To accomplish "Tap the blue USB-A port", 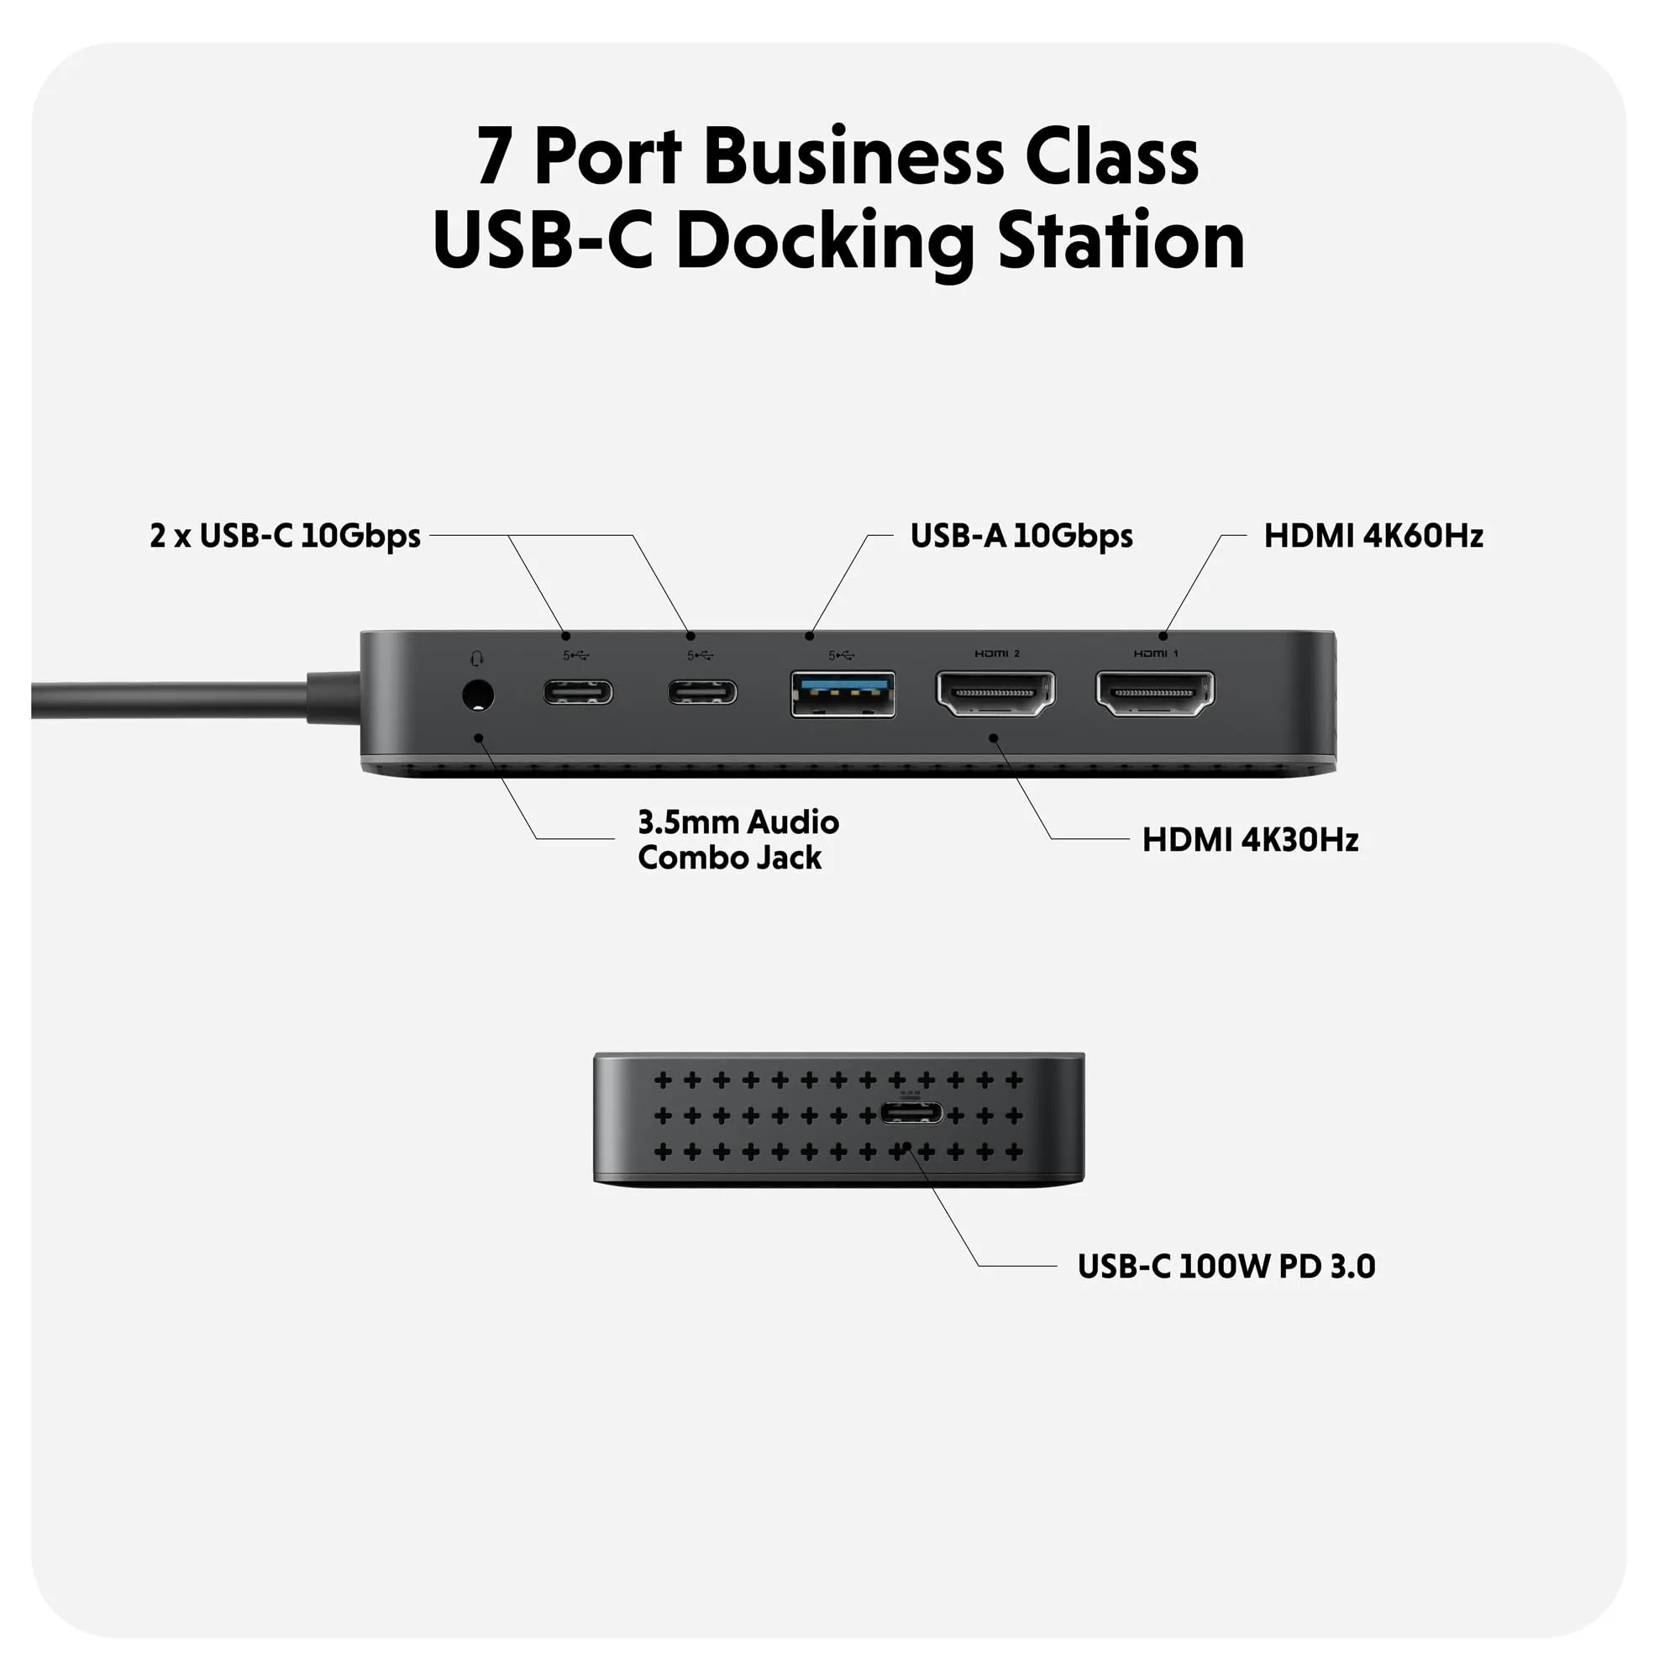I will pos(843,694).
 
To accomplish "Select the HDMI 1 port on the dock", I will pos(1155,693).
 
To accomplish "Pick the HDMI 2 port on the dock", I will pos(995,693).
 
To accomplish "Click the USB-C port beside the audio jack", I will pos(577,692).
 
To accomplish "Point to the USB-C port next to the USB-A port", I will pos(701,692).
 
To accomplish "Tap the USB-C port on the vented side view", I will pos(911,1112).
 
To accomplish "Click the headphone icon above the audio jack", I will pos(476,659).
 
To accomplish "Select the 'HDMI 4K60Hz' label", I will pos(1373,536).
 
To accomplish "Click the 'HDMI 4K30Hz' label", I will pos(1250,840).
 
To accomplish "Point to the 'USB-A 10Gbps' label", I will pos(1021,536).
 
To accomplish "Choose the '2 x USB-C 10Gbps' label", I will pos(286,536).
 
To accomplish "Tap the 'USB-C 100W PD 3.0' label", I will pos(1226,1266).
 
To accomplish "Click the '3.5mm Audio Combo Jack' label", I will pos(738,840).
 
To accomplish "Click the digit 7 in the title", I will pos(493,158).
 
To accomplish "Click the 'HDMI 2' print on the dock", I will pos(996,654).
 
